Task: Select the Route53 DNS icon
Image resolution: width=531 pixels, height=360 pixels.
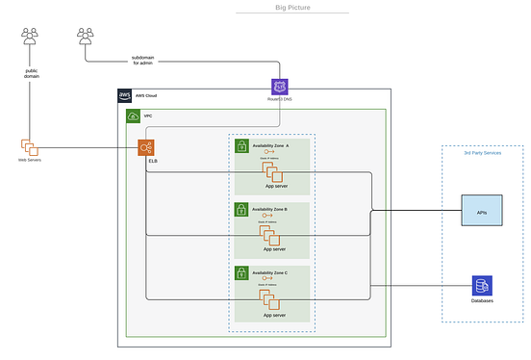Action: tap(279, 88)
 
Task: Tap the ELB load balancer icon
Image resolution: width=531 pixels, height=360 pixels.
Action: tap(146, 148)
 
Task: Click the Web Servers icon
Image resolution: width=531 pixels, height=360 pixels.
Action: tap(29, 147)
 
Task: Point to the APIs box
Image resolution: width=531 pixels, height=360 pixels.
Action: tap(482, 211)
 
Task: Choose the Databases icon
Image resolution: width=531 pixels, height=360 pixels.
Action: tap(482, 285)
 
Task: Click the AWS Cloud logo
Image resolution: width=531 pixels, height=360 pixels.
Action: tap(125, 95)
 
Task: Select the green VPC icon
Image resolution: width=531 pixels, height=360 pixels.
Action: tap(134, 116)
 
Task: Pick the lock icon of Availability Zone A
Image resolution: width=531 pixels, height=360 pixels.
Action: tap(242, 146)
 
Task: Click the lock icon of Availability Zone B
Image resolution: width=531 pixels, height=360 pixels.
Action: tap(242, 210)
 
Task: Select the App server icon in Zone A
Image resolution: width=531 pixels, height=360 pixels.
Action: tap(272, 171)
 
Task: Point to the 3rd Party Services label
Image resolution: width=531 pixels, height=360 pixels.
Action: tap(482, 153)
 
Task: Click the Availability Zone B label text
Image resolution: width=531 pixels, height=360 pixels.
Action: tap(275, 206)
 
